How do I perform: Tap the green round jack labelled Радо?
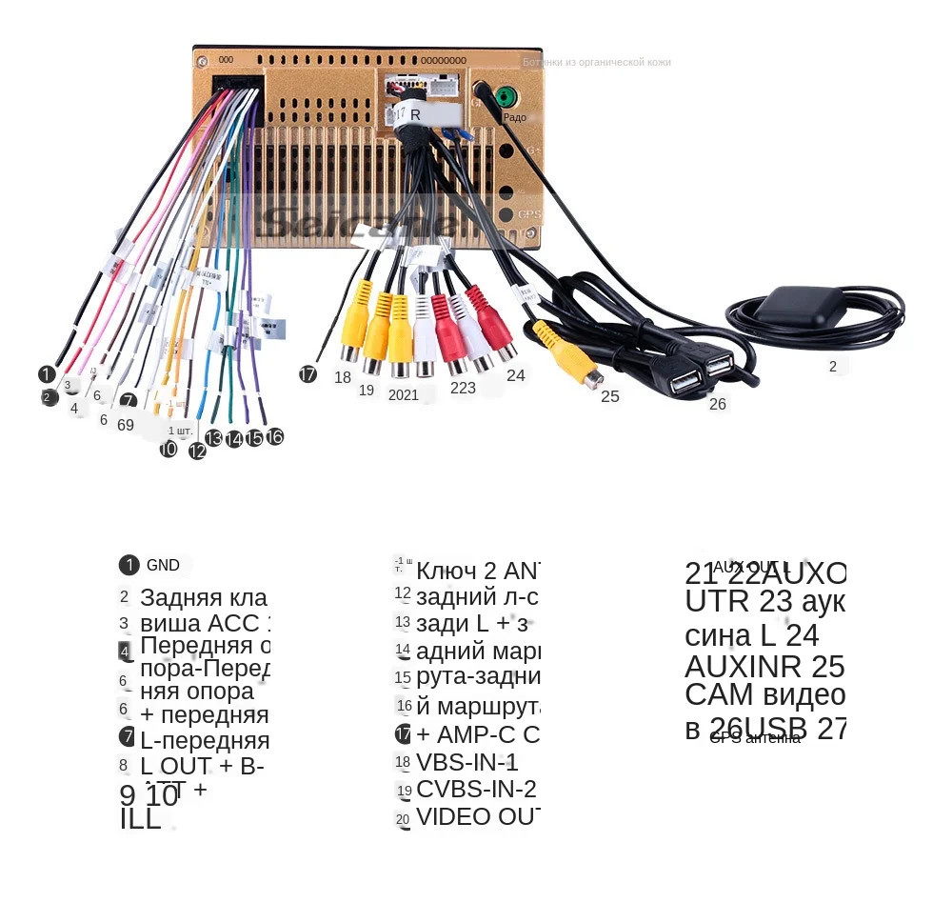coord(506,97)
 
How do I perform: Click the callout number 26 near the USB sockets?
coord(717,404)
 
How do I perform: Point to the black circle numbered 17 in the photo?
coord(308,374)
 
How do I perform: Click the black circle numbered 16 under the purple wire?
coord(274,436)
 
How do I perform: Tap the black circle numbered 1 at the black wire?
coord(46,374)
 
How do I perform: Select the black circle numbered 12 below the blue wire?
coord(197,451)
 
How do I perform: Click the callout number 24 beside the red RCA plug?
coord(515,375)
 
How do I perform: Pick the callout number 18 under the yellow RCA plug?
coord(343,377)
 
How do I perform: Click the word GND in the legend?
coord(163,565)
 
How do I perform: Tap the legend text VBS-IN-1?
coord(467,762)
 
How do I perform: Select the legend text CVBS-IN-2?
coord(476,790)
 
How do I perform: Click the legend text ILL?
coord(140,820)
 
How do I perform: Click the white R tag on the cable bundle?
coord(412,114)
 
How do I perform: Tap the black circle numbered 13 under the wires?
coord(214,438)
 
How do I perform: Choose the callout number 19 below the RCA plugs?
coord(367,391)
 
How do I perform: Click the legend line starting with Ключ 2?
coord(478,571)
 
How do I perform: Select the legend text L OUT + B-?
coord(202,765)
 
